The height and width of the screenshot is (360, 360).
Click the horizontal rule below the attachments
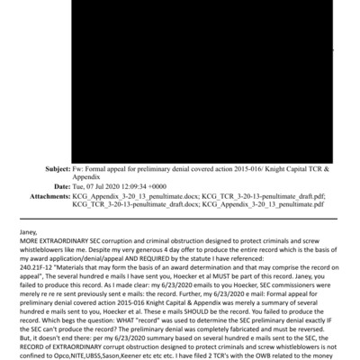pyautogui.click(x=180, y=218)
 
